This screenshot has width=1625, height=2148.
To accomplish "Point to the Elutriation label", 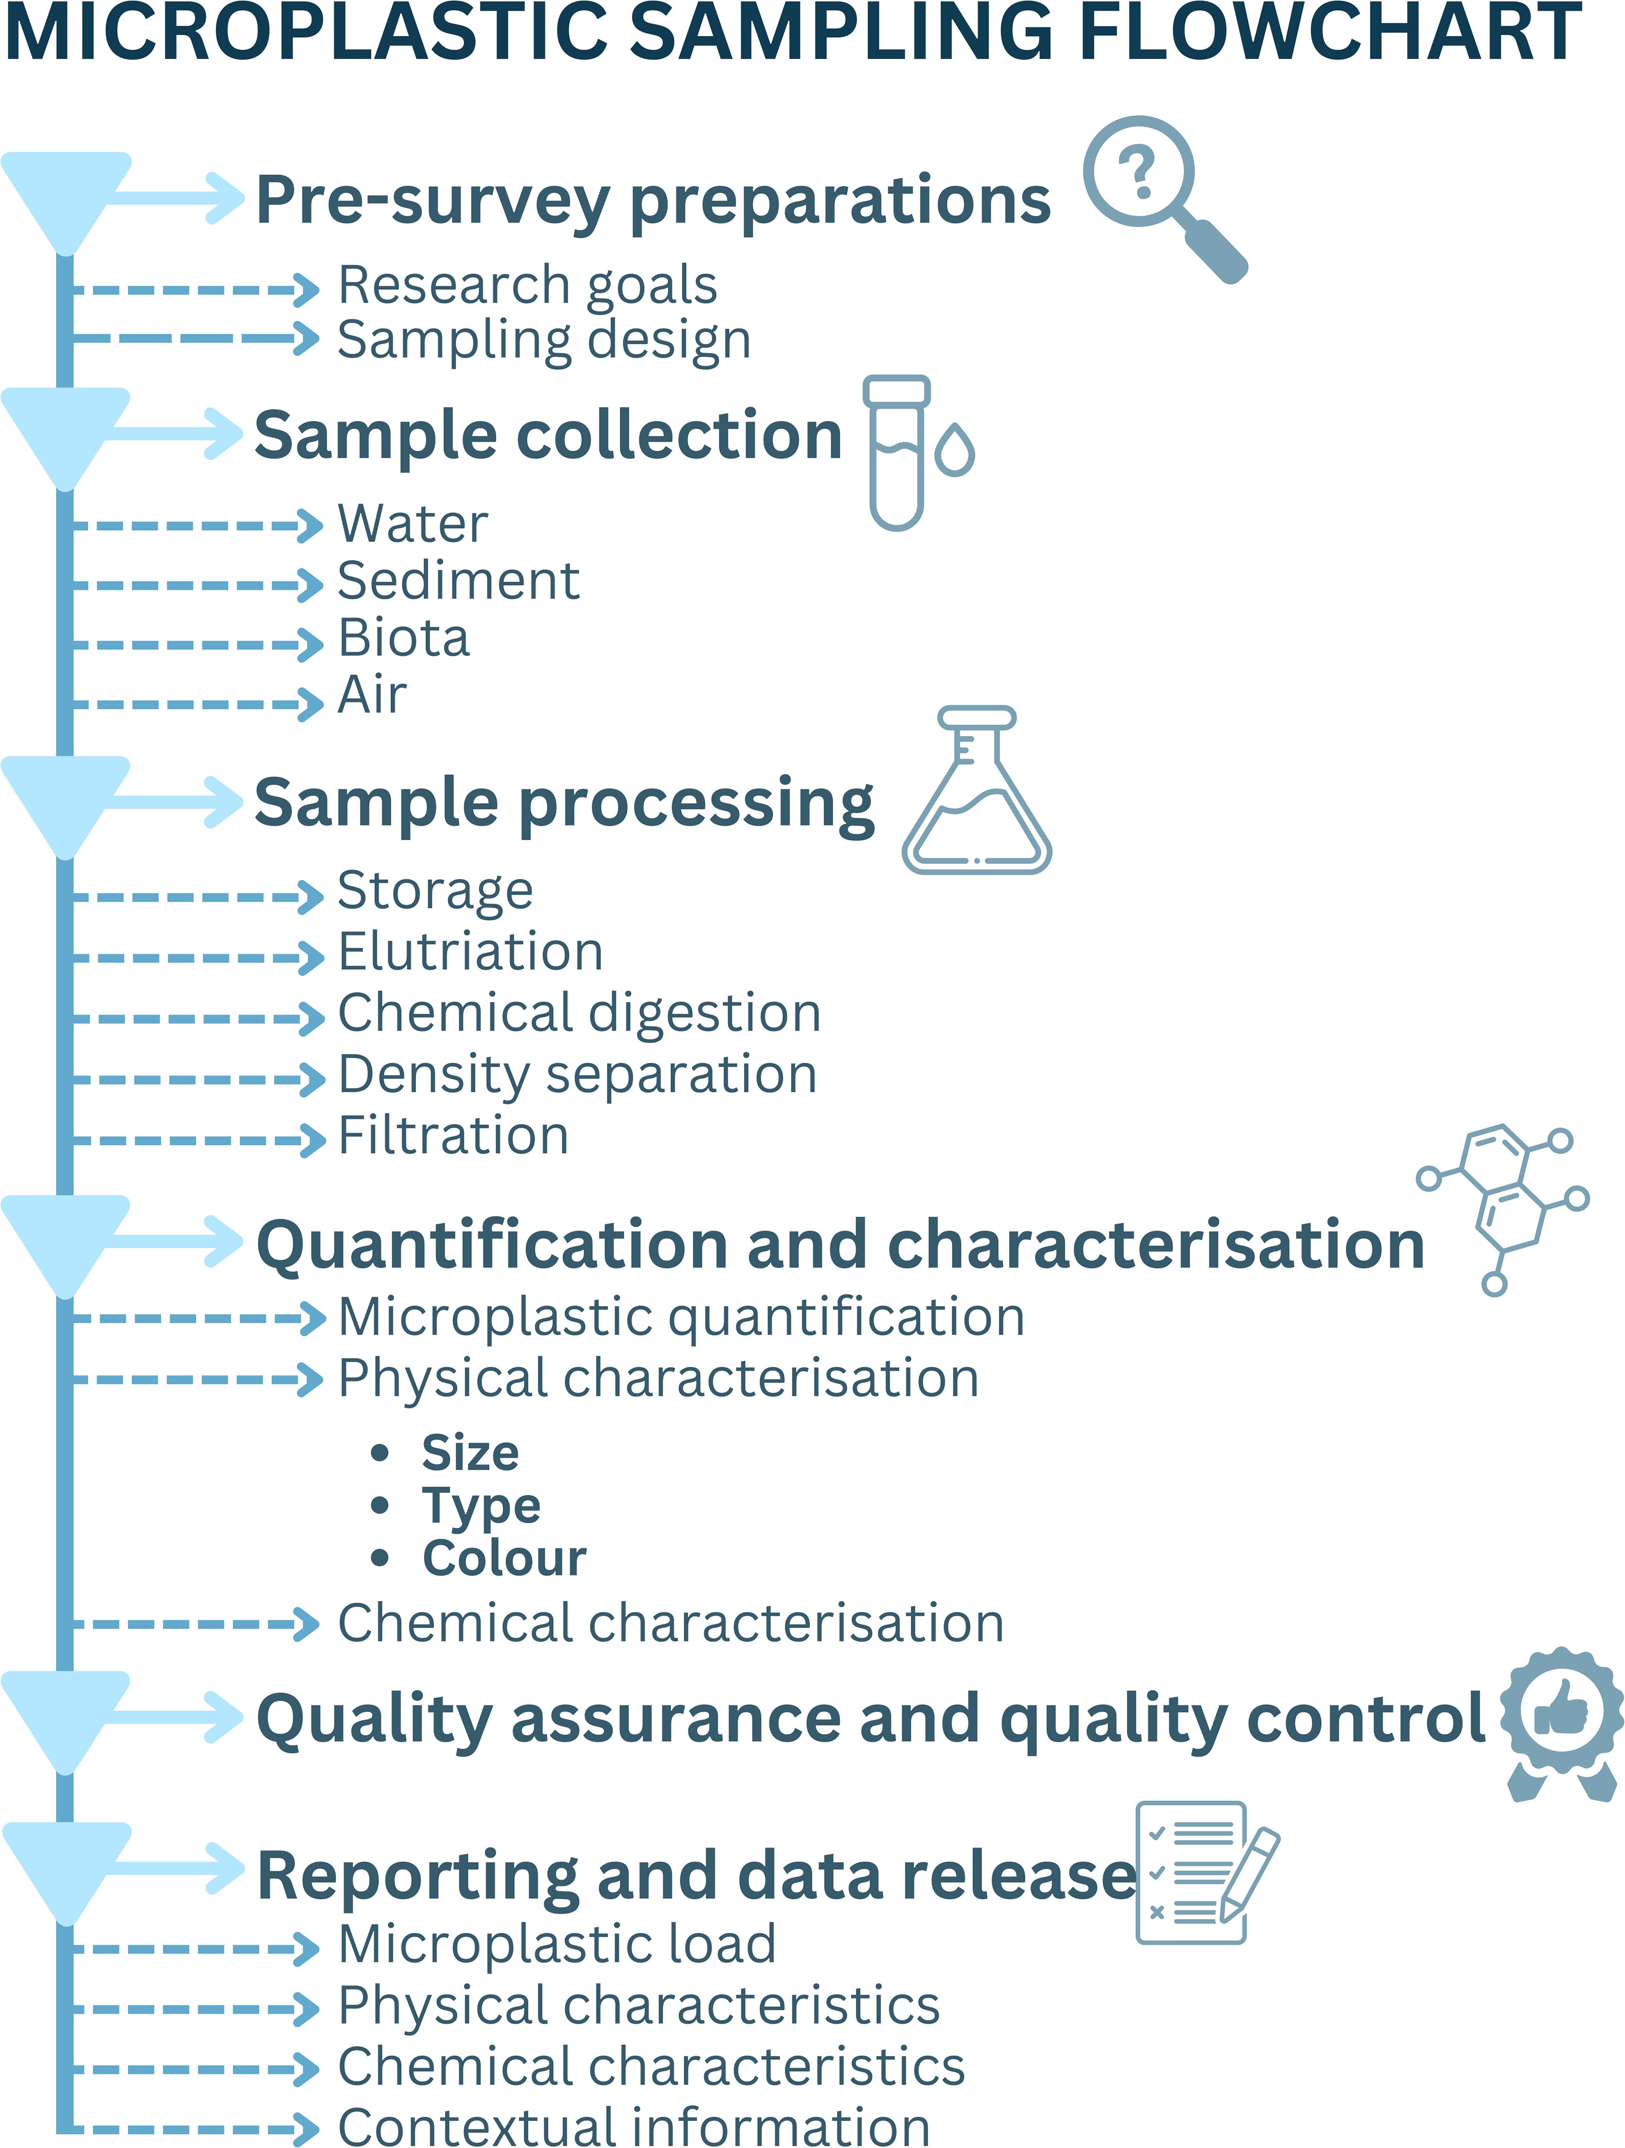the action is pos(470,951).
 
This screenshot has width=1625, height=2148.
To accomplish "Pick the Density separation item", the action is pos(577,1075).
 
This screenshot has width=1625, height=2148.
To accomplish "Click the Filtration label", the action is pos(453,1136).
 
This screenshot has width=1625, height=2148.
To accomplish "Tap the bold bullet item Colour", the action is pos(504,1559).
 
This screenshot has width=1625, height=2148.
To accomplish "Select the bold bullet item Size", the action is pos(470,1453).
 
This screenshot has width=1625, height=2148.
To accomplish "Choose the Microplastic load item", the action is pos(556,1944).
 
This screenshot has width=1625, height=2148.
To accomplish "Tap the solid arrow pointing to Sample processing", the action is pos(175,802).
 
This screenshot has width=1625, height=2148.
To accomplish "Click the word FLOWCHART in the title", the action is pos(1330,33).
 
